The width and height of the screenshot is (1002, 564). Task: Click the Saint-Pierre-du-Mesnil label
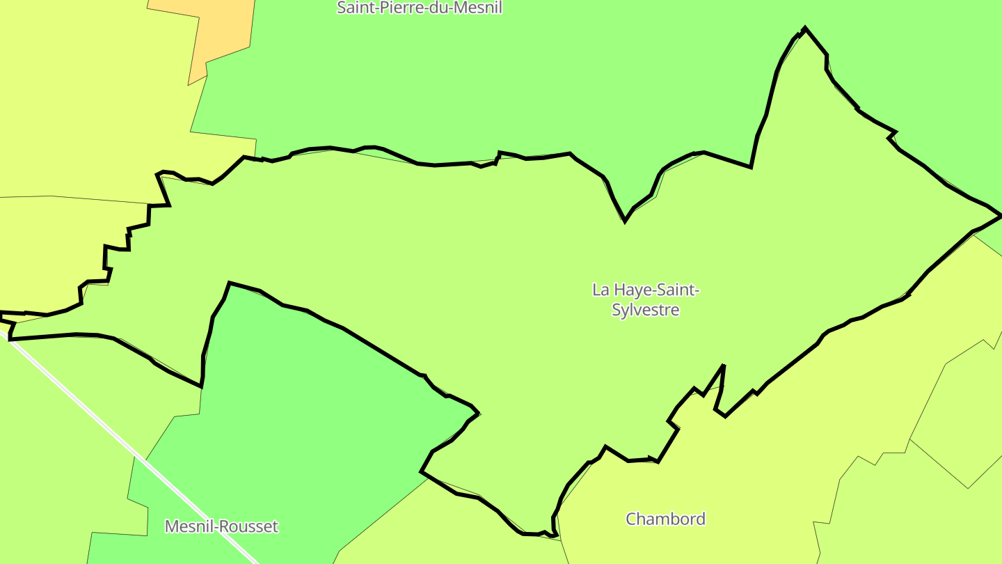(419, 8)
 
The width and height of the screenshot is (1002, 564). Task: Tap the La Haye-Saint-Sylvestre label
(645, 299)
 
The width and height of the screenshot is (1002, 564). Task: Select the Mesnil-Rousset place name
(221, 526)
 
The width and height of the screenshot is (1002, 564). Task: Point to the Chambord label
(665, 519)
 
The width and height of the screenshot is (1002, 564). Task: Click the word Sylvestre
(645, 310)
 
